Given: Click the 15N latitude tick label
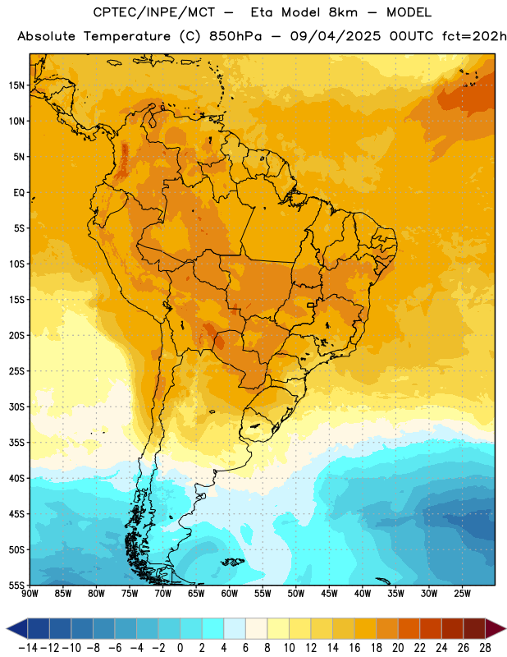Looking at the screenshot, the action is click(16, 85).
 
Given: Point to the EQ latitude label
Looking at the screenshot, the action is click(19, 193).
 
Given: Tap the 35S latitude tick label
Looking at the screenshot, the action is click(16, 443).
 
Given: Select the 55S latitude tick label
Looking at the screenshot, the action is click(16, 585).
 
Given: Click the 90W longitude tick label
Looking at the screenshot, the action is click(30, 593).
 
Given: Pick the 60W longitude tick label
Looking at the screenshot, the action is click(230, 593).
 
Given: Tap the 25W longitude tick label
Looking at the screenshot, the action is click(462, 593).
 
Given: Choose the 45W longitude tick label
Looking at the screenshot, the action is click(329, 593).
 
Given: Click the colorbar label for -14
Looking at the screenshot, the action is click(28, 648).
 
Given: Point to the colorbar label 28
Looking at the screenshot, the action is click(485, 648).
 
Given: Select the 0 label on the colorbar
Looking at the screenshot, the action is click(180, 648).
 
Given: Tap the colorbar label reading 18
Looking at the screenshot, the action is click(377, 648).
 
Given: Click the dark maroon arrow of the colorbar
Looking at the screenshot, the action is click(496, 628).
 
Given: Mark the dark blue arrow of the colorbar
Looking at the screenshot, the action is click(17, 628).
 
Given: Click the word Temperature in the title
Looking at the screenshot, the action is click(127, 36).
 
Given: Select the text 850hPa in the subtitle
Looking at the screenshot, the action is click(235, 36).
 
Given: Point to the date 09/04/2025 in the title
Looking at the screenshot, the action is click(336, 36).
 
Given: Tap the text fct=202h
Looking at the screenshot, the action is click(474, 36).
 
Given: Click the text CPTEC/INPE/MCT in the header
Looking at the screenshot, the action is click(153, 12).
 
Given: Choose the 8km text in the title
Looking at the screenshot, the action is click(343, 12).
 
